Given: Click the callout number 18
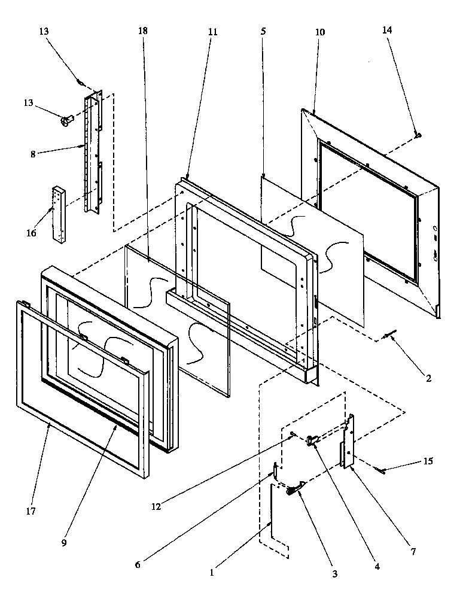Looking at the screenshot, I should tap(142, 31).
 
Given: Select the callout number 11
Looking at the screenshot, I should tap(213, 31).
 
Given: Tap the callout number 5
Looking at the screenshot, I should tap(263, 31).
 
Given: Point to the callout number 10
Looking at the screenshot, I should tap(320, 32).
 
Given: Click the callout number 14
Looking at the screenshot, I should tap(388, 31).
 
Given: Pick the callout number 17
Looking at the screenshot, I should tap(31, 511).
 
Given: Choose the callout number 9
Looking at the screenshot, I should tap(64, 543).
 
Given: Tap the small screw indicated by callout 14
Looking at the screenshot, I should tap(418, 136).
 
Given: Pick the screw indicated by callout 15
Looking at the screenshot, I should tap(379, 470).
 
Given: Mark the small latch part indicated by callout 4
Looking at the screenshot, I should tap(312, 441).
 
